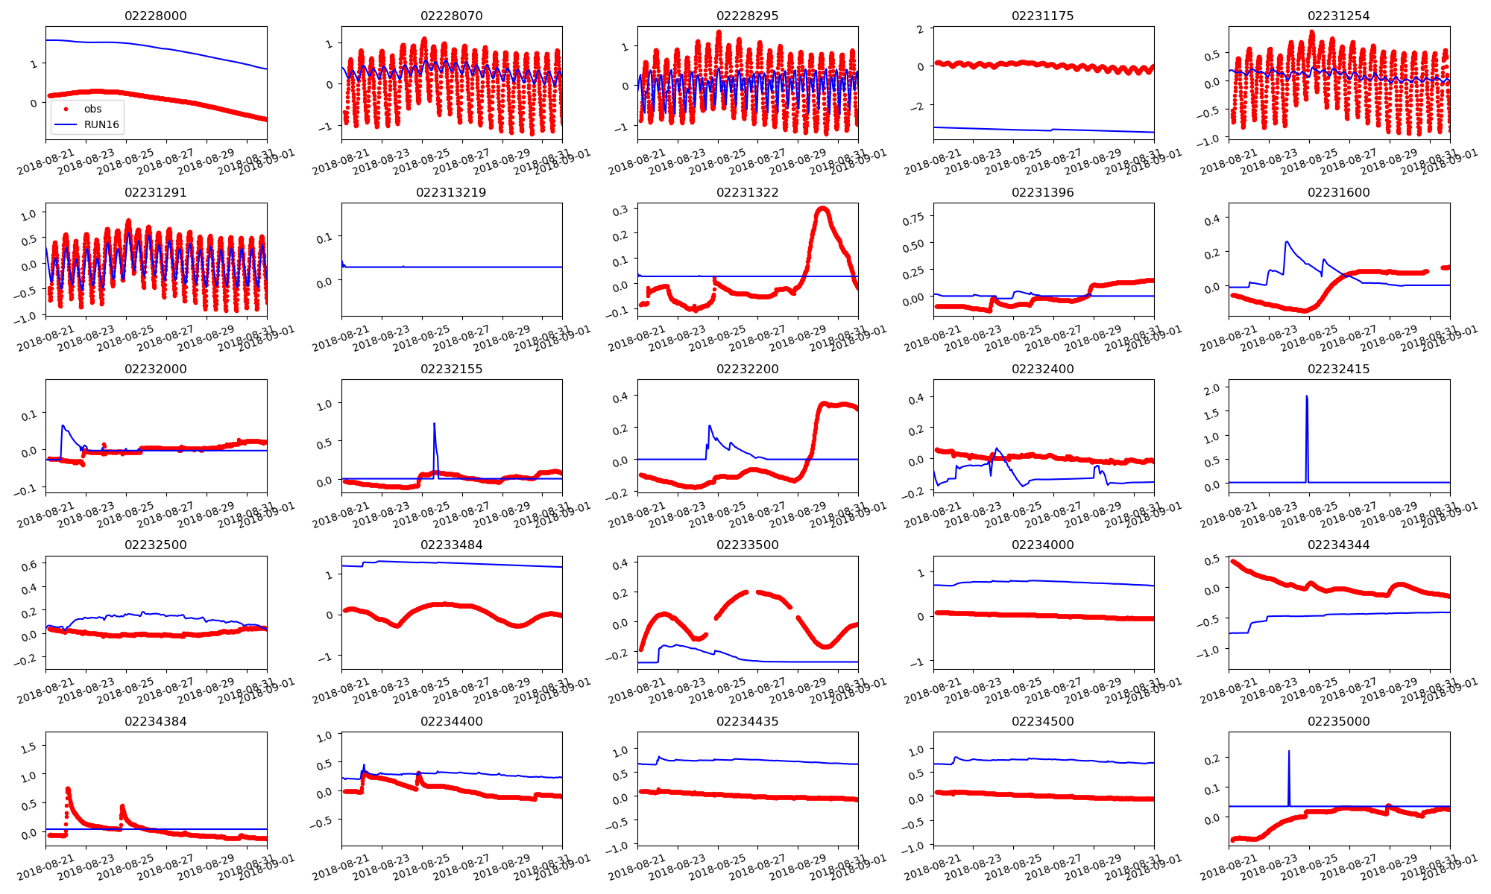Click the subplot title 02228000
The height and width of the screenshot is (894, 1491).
pyautogui.click(x=156, y=16)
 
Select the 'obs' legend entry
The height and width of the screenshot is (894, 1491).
pyautogui.click(x=92, y=109)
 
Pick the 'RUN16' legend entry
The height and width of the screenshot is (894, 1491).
pyautogui.click(x=101, y=124)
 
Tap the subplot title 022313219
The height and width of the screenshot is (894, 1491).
pyautogui.click(x=451, y=192)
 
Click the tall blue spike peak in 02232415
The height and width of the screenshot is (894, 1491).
pyautogui.click(x=1306, y=396)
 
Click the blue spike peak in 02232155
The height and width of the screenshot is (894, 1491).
pyautogui.click(x=434, y=424)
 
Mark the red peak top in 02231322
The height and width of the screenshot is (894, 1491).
pyautogui.click(x=822, y=209)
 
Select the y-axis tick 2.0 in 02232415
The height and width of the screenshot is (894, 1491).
pyautogui.click(x=1211, y=388)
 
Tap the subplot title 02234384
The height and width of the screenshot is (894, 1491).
pyautogui.click(x=156, y=721)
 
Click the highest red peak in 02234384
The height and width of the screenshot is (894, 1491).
pyautogui.click(x=68, y=788)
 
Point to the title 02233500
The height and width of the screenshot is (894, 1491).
pyautogui.click(x=747, y=545)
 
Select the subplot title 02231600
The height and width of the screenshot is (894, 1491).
pyautogui.click(x=1338, y=192)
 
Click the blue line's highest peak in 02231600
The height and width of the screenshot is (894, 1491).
pyautogui.click(x=1287, y=241)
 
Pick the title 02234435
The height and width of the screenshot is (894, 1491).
pyautogui.click(x=747, y=721)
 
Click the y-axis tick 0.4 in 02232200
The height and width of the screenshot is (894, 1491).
pyautogui.click(x=620, y=397)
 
